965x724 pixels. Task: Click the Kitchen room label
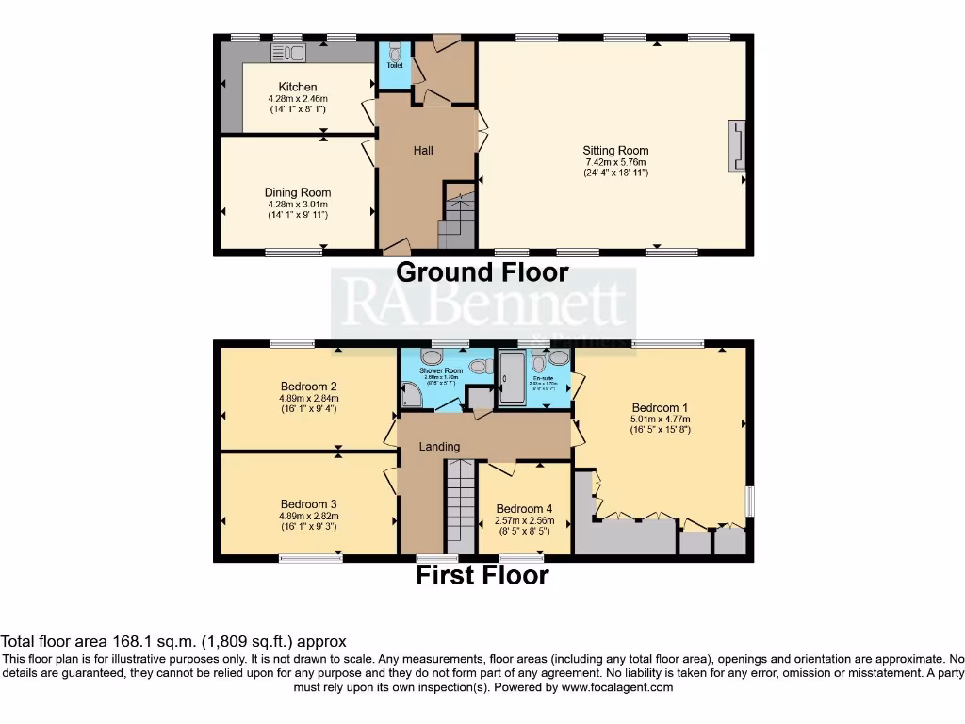(291, 87)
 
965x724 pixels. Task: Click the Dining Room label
(298, 192)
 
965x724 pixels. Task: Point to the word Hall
(424, 150)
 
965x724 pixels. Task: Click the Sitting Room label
(615, 150)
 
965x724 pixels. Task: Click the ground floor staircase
(457, 222)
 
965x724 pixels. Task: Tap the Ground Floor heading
(482, 272)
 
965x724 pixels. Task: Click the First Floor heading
(482, 575)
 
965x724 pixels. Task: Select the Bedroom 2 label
(309, 386)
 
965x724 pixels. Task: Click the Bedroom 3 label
(309, 503)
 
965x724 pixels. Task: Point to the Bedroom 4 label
(524, 508)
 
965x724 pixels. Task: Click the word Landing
(439, 446)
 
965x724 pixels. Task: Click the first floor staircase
(460, 504)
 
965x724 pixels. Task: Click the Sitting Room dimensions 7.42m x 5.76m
(615, 161)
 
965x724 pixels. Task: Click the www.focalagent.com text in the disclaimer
(619, 687)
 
